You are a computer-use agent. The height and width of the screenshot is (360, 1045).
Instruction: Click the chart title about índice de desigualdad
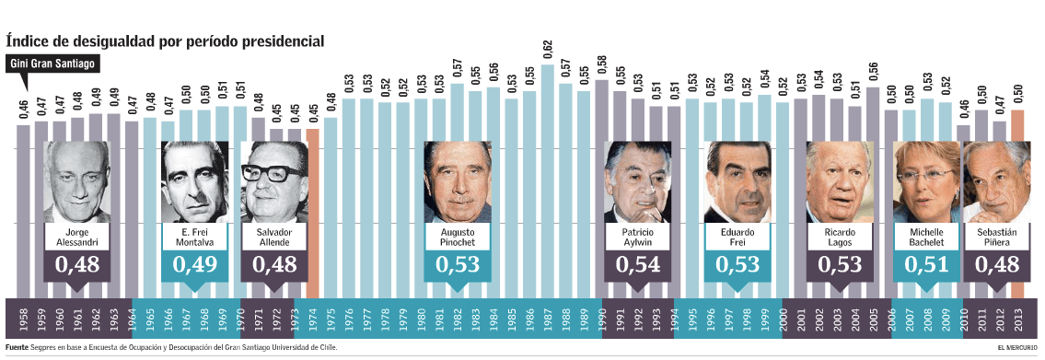(x=166, y=41)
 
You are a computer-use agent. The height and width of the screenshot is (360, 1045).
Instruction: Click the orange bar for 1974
(x=312, y=212)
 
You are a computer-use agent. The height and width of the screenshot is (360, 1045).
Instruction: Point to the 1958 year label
(x=23, y=321)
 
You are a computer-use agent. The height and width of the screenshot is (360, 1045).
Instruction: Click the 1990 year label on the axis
(x=601, y=321)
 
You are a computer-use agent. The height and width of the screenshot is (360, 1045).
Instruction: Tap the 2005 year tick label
(x=872, y=321)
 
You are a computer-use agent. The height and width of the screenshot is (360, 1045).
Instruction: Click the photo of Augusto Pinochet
(x=458, y=181)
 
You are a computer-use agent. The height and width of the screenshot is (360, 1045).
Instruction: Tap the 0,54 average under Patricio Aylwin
(x=638, y=265)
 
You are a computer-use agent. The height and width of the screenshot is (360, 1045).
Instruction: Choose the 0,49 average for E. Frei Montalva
(x=194, y=265)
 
